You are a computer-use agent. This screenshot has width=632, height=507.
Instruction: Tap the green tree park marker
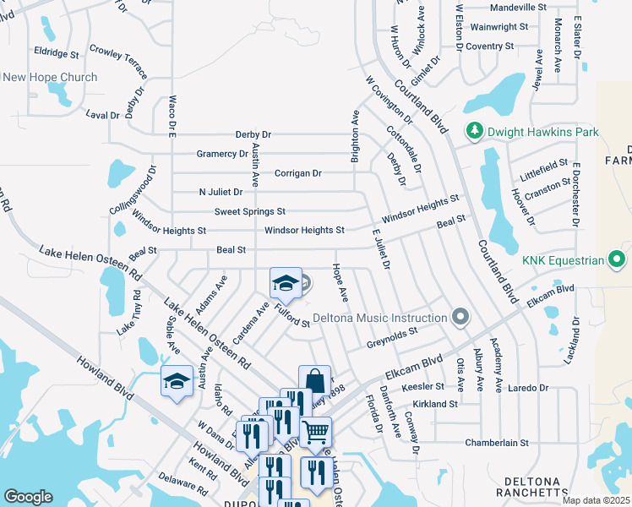coord(475,132)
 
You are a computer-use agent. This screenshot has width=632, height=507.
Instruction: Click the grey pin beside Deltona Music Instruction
coord(460,318)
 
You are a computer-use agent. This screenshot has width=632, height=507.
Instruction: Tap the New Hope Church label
coord(51,77)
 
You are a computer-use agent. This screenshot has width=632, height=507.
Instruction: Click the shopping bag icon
coord(314,380)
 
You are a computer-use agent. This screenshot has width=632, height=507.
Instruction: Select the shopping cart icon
coord(315,432)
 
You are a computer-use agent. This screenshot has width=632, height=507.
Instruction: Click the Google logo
coord(29,496)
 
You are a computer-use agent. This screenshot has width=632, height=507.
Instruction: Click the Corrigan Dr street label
coord(298,173)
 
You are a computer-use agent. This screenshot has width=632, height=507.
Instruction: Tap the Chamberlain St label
coord(497,442)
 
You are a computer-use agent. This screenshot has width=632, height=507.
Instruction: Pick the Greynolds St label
coord(393,339)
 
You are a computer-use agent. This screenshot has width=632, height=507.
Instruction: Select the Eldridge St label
coord(57,53)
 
